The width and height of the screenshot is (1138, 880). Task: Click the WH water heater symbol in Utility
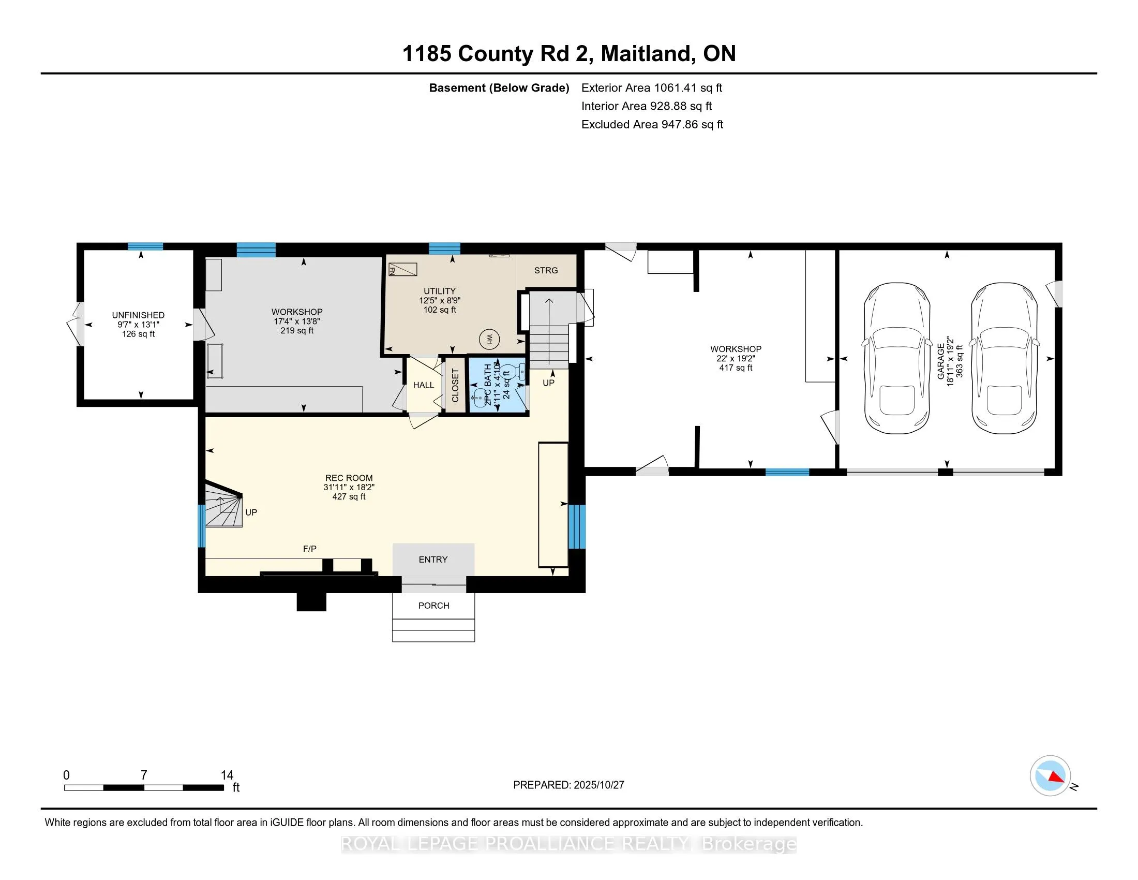point(489,340)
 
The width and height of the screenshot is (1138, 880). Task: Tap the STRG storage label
point(546,270)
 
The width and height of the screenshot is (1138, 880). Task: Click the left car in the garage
point(897,358)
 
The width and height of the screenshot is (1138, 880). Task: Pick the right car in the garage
point(1004,358)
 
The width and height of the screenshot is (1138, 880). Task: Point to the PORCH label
point(433,605)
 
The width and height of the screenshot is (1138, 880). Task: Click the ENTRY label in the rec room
point(433,560)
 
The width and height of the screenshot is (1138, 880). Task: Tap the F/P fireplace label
point(309,548)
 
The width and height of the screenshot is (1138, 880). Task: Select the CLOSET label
point(455,385)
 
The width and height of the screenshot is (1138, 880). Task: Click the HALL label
point(423,385)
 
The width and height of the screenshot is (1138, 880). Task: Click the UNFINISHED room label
point(138,315)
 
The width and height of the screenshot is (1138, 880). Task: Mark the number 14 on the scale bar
point(227,775)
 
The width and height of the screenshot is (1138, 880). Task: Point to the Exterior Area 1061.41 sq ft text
point(651,87)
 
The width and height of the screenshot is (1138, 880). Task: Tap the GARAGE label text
point(941,361)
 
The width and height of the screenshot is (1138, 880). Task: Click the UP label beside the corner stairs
point(251,512)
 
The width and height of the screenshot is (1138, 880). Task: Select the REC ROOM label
point(349,478)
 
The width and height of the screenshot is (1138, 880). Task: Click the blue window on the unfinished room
point(145,246)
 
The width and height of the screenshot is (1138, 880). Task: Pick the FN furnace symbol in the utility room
point(403,269)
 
